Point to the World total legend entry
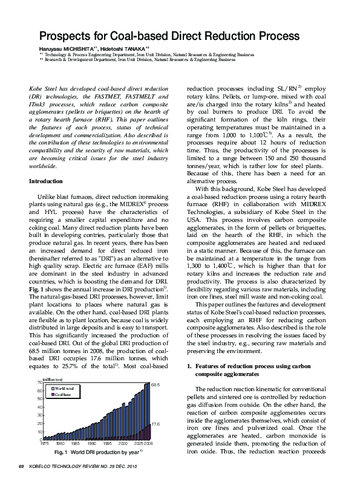pos(65,388)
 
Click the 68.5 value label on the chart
pos(155,384)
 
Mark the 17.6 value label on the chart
pos(155,425)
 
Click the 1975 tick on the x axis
pos(44,444)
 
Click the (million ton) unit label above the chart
pos(52,378)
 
